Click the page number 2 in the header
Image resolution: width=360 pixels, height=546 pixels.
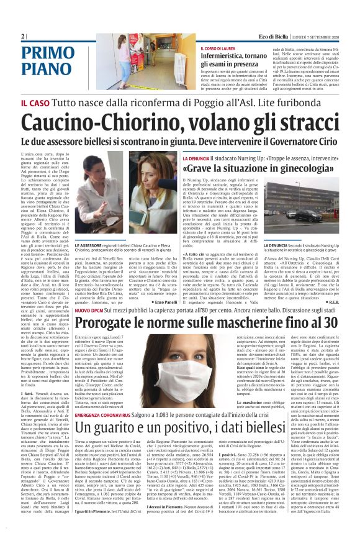click(23, 36)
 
